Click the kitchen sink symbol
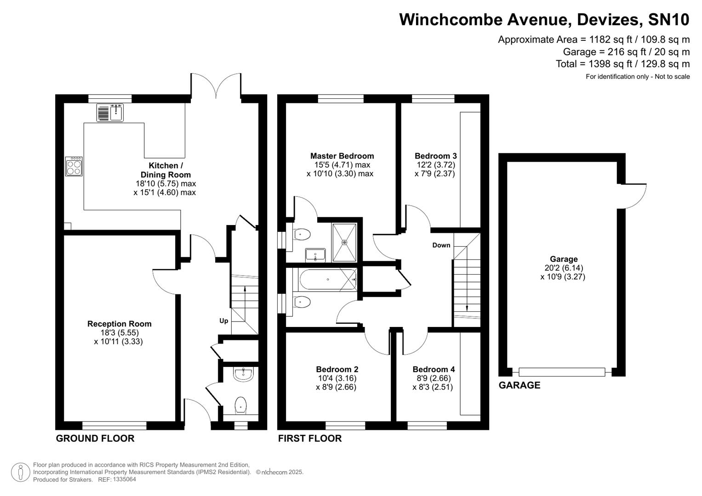tap(110, 113)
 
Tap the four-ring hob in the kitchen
tap(74, 166)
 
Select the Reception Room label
tap(120, 324)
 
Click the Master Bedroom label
tap(342, 156)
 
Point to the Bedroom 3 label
tap(435, 156)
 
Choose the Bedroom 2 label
tap(337, 369)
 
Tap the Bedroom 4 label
tap(434, 369)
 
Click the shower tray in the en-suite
tap(344, 242)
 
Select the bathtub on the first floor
tap(327, 279)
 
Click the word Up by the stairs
tap(223, 321)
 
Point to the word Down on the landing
tap(441, 245)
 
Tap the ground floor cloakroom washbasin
tap(243, 375)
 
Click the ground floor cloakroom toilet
tap(240, 405)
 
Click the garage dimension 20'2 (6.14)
tap(564, 268)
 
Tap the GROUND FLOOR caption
tap(95, 439)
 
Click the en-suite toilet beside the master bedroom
tap(302, 235)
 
